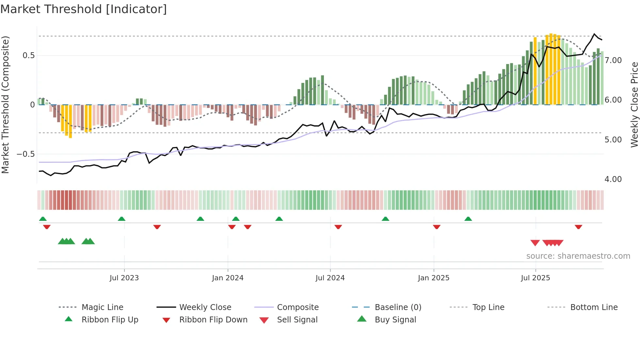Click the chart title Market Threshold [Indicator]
pos(84,9)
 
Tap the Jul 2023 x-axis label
pos(124,278)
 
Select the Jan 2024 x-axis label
pos(228,278)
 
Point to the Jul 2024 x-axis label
pos(330,278)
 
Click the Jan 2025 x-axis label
pos(434,278)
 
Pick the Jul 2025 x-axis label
pos(536,278)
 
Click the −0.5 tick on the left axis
pos(25,154)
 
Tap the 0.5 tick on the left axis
pos(28,56)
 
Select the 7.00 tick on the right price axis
pos(613,60)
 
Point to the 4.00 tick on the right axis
pos(613,179)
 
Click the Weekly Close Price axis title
pos(634,105)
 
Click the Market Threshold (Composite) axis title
pos(5,105)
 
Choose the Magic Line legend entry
pos(102,307)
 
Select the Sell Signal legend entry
pos(297,320)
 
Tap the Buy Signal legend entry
pos(395,320)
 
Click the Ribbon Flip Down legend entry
pos(213,320)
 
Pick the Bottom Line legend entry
pos(594,307)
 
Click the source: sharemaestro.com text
pos(578,256)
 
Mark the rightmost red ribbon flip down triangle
pos(578,227)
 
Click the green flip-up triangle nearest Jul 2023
pos(121,219)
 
